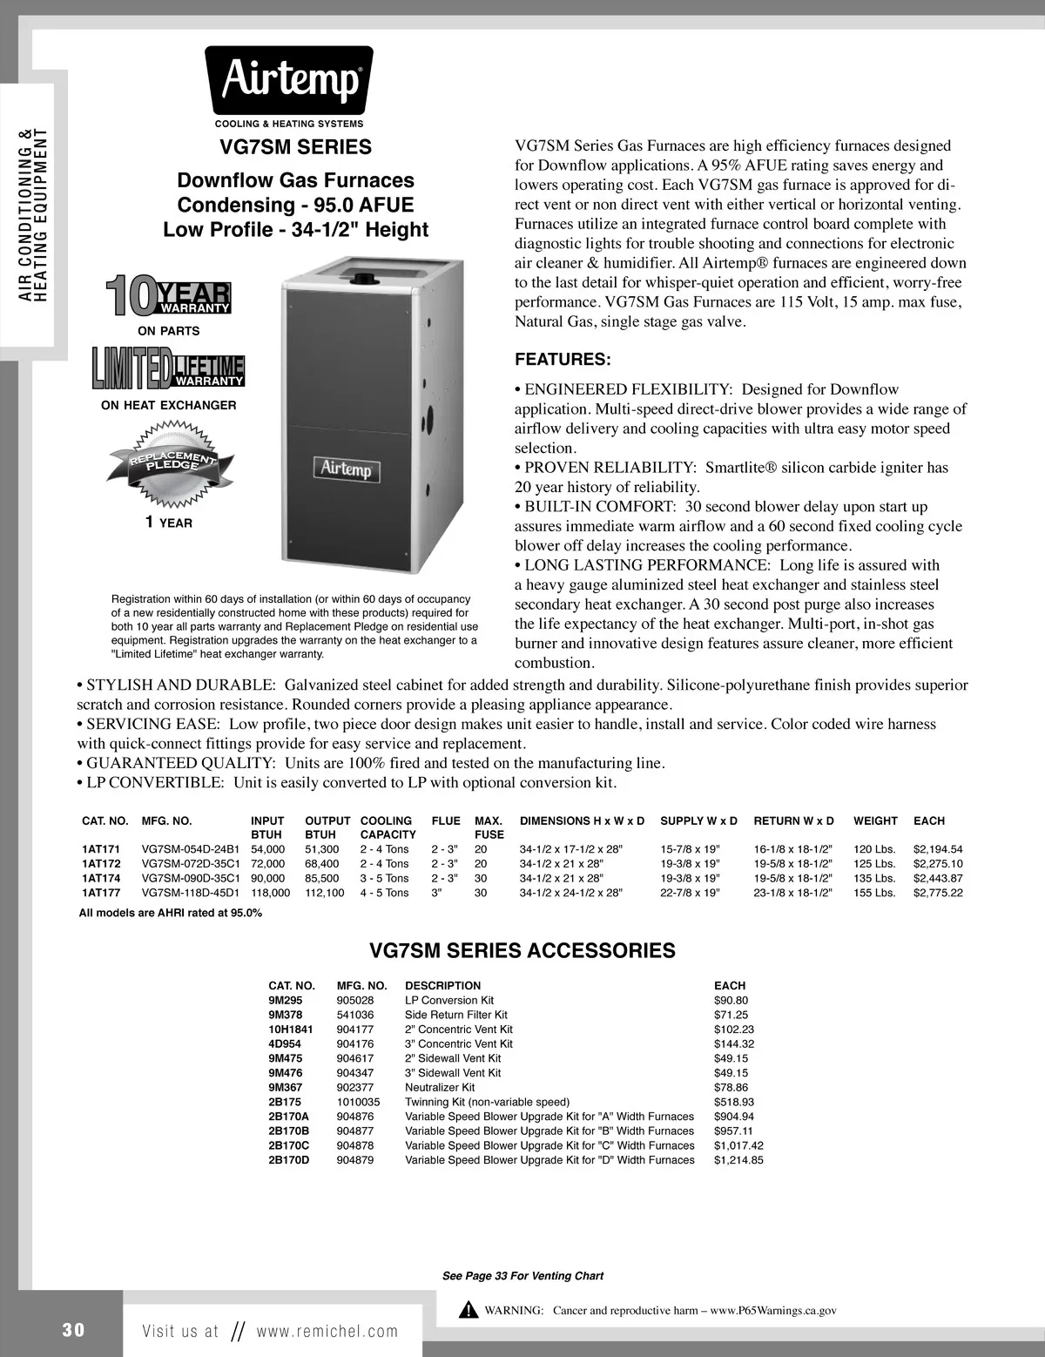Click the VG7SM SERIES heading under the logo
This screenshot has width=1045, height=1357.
(x=295, y=147)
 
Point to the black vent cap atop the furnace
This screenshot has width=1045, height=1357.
(x=360, y=280)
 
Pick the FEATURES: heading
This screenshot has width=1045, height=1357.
(x=563, y=360)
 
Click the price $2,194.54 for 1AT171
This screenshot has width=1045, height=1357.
(x=938, y=849)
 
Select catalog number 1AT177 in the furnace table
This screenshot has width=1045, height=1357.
(x=100, y=893)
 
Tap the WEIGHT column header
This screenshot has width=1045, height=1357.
(x=874, y=821)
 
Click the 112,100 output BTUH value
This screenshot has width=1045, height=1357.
(x=324, y=893)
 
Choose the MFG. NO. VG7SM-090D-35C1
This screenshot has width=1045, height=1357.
(x=190, y=878)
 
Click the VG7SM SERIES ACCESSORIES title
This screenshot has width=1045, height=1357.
(x=522, y=950)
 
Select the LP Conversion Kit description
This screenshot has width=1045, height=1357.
(x=449, y=1001)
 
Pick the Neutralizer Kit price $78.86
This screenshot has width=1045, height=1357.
(x=731, y=1088)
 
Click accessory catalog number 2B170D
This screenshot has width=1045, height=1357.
(x=288, y=1160)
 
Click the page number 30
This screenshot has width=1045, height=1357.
(x=73, y=1330)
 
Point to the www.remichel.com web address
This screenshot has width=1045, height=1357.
(x=327, y=1331)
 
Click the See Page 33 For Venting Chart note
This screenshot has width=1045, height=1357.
(x=522, y=1276)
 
